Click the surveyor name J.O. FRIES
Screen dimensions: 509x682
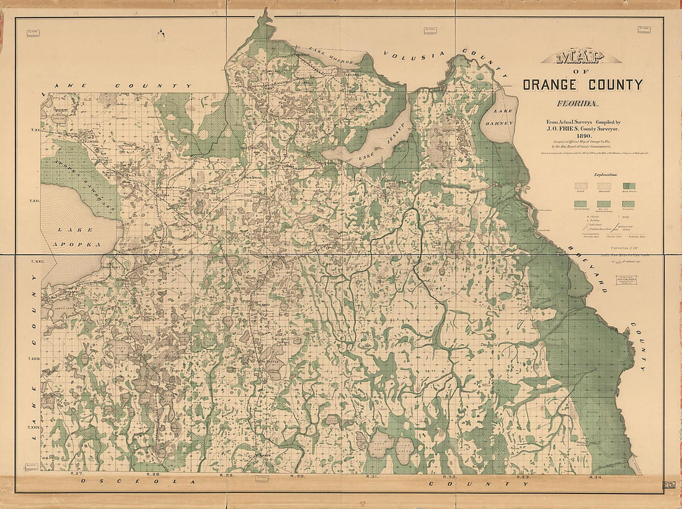pyautogui.click(x=562, y=128)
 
